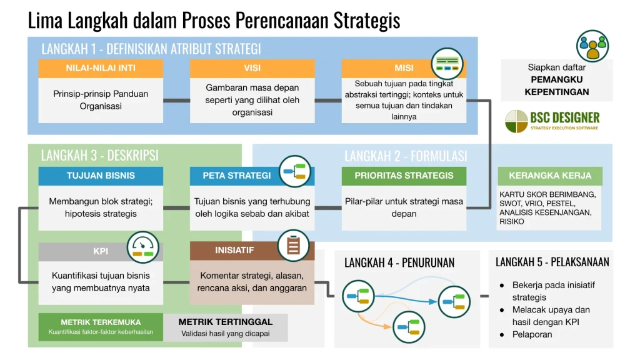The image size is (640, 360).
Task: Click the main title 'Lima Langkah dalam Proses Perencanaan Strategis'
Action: click(214, 20)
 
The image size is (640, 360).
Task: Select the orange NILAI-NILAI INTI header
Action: click(101, 68)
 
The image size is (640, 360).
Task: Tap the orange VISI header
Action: click(252, 68)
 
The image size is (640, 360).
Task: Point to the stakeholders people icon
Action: click(592, 46)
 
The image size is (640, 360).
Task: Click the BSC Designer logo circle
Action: click(516, 121)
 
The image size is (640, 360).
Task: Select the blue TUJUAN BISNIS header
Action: click(101, 176)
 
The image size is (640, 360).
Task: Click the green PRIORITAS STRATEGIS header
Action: click(404, 176)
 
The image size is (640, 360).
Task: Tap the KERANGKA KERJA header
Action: click(549, 176)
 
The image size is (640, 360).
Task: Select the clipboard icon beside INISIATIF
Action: click(293, 245)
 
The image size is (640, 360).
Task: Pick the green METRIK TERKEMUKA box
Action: click(101, 326)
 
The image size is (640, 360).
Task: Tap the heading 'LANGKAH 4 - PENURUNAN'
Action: click(399, 262)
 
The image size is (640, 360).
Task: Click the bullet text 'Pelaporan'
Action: click(532, 334)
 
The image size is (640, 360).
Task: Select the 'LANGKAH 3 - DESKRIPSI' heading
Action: click(99, 155)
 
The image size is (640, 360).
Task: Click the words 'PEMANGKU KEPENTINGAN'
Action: click(556, 86)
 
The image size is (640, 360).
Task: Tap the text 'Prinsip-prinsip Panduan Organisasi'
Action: click(101, 100)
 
